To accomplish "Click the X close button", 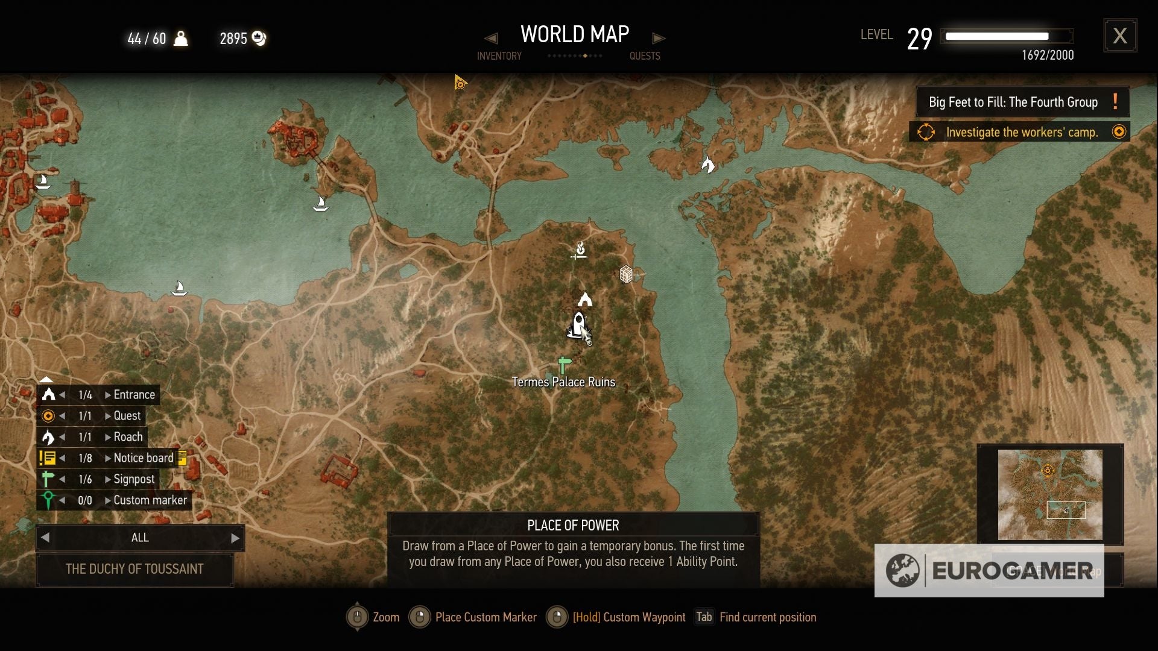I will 1120,36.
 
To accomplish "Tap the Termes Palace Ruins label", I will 563,382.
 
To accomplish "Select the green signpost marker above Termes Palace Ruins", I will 564,365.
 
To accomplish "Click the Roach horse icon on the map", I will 707,164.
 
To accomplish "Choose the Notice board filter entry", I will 143,458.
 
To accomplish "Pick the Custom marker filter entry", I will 150,500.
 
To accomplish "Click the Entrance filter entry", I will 134,395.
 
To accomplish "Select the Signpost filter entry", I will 134,479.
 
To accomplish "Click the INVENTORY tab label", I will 499,56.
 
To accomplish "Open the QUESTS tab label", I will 645,56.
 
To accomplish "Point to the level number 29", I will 919,39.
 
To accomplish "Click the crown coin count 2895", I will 233,39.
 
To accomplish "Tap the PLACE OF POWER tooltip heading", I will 573,526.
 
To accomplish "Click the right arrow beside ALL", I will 235,538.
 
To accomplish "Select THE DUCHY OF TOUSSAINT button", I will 134,569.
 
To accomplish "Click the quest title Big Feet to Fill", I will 1013,102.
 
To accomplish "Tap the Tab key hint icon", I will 704,617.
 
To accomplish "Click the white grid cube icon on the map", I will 626,275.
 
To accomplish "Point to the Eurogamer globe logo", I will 902,570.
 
